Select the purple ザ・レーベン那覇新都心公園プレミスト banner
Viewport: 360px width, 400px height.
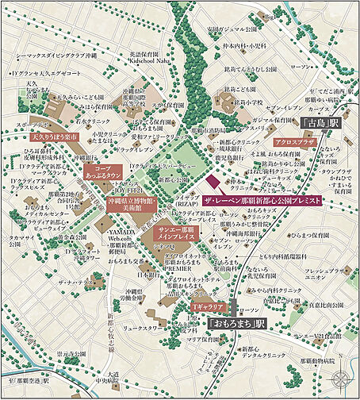click(x=262, y=202)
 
